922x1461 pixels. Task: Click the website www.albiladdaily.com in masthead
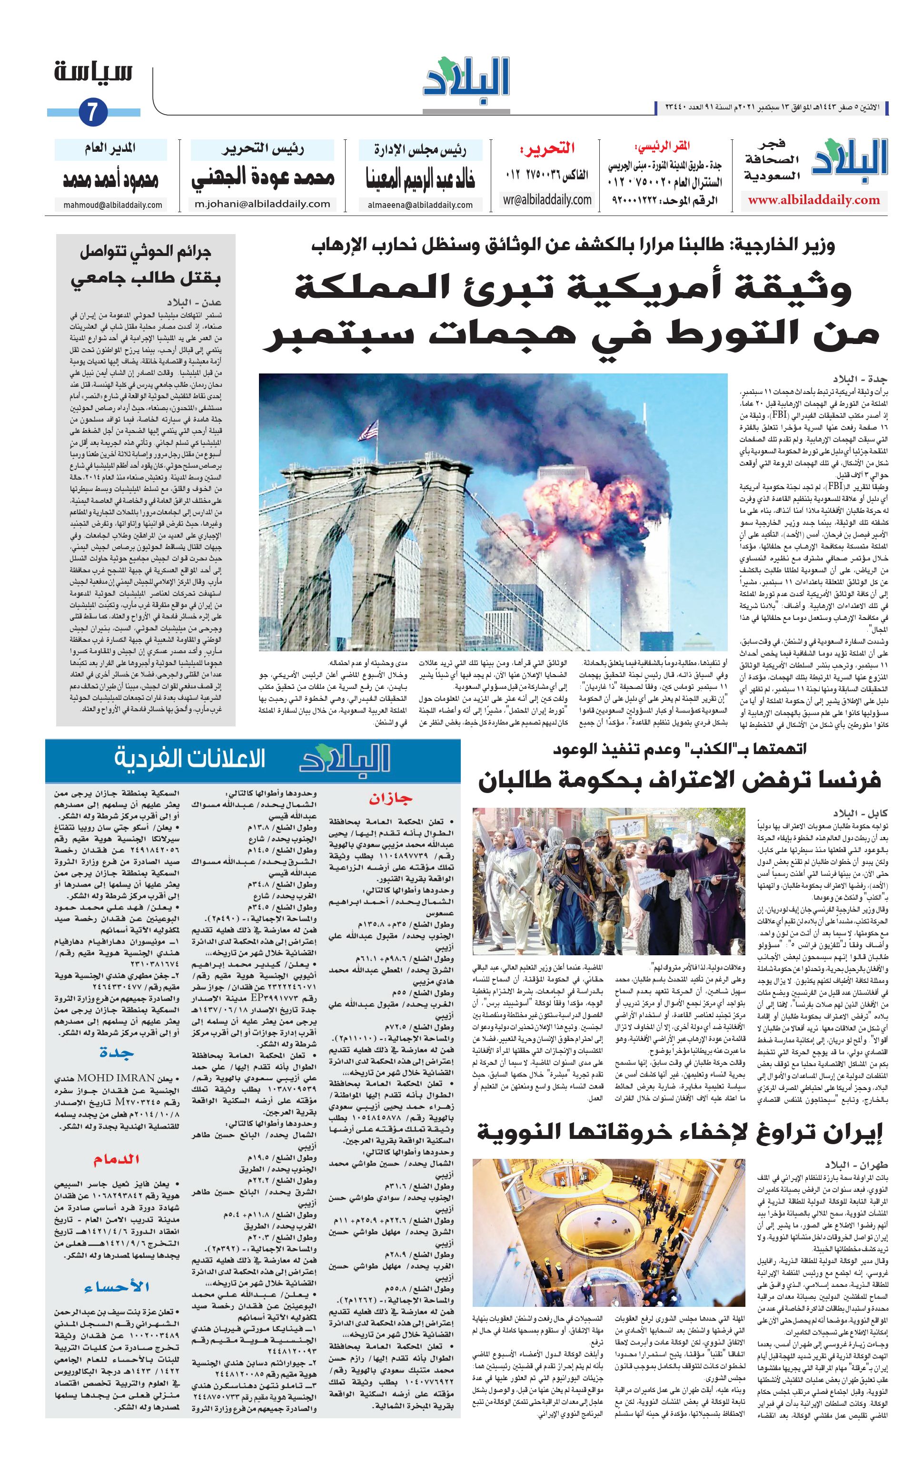tap(813, 200)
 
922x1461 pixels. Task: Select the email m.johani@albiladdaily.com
tap(262, 204)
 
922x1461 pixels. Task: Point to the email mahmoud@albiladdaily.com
tap(112, 205)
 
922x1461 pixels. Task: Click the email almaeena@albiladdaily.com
tap(420, 205)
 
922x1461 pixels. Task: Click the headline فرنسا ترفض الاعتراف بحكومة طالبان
tap(679, 780)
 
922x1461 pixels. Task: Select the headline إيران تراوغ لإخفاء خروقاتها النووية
tap(679, 1131)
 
